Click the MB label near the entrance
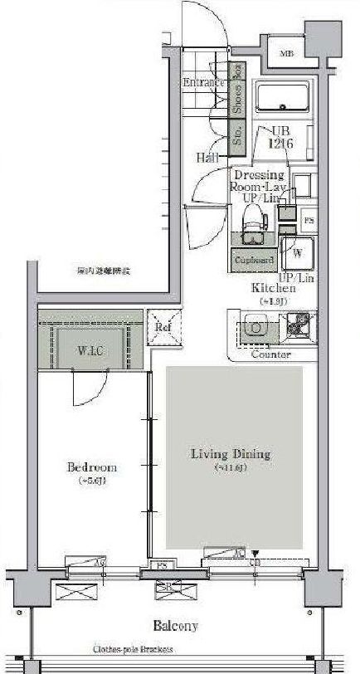[287, 55]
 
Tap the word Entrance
[204, 83]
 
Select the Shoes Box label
[237, 89]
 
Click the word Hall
[207, 157]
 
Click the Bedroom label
[91, 467]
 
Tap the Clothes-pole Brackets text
[133, 651]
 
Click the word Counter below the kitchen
[270, 354]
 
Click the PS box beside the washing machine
[309, 221]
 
